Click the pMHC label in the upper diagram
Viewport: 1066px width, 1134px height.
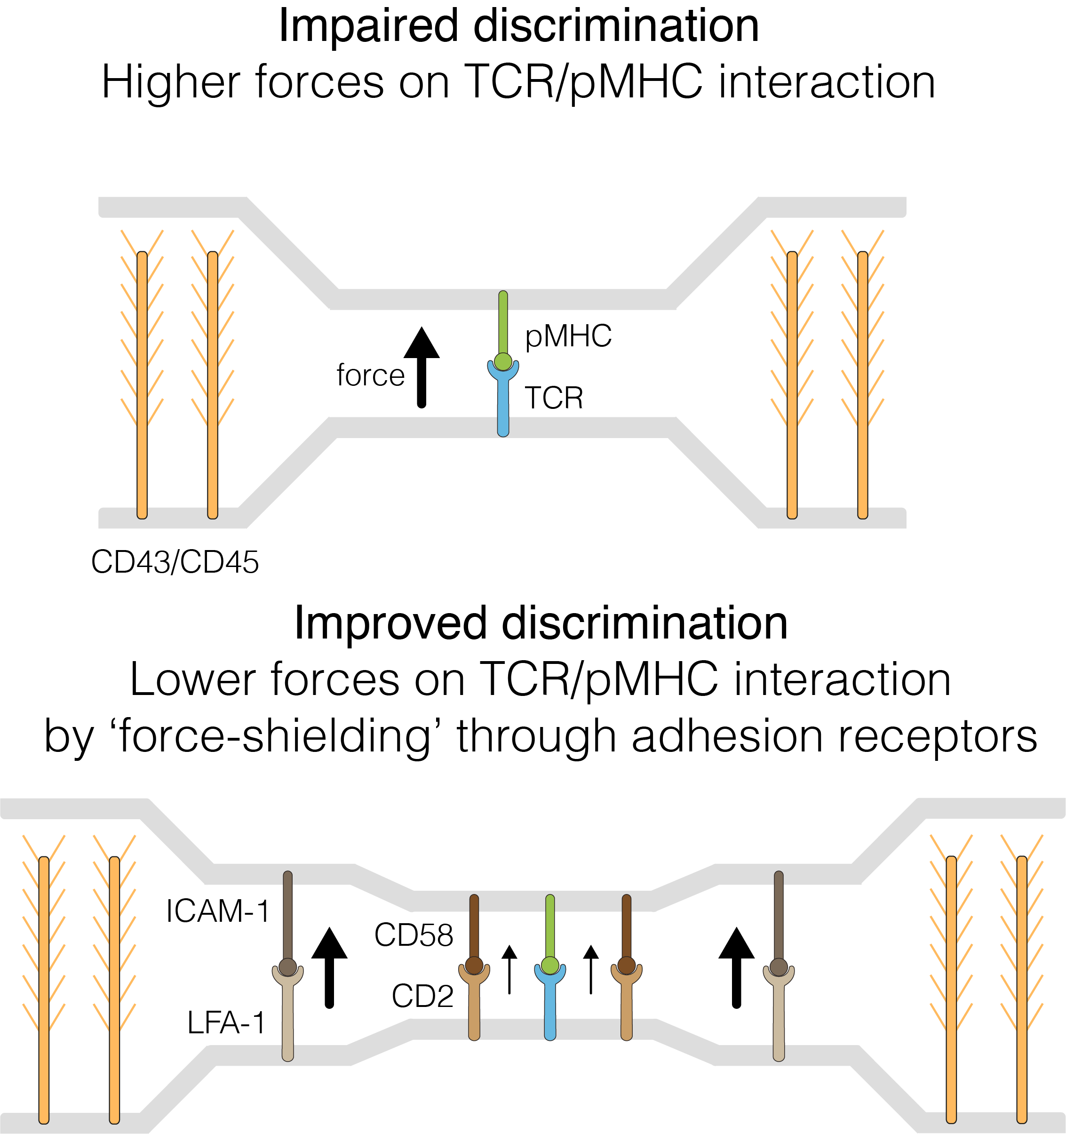tap(568, 336)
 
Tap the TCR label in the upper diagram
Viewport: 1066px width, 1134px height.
tap(554, 398)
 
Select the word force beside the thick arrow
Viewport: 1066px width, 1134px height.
tap(370, 375)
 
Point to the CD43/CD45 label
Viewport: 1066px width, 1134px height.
tap(175, 562)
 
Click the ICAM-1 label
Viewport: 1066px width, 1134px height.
tap(217, 911)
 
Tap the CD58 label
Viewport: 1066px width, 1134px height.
tap(414, 935)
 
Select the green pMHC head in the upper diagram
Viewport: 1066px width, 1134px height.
tap(503, 361)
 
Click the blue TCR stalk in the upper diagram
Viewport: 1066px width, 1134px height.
tap(503, 408)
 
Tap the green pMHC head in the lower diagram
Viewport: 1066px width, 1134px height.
tap(550, 966)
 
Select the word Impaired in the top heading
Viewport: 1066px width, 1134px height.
tap(368, 26)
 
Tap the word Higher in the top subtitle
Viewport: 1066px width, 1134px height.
tap(171, 83)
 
